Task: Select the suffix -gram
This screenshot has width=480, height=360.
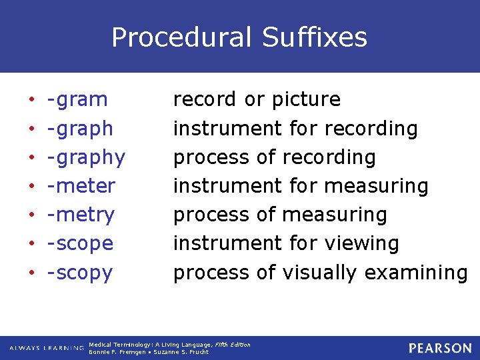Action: coord(77,100)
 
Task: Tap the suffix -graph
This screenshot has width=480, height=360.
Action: coord(80,129)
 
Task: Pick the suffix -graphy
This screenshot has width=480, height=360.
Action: coord(86,158)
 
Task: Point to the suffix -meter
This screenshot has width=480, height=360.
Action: coord(81,186)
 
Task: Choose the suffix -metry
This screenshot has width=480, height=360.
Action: coord(81,215)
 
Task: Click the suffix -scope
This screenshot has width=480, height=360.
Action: coord(80,244)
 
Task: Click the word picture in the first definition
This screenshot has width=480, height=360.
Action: coord(306,100)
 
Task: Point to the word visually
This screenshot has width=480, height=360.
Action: coord(319,273)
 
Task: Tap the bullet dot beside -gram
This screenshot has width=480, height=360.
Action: coord(32,100)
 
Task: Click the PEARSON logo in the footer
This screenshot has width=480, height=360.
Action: coord(440,348)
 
